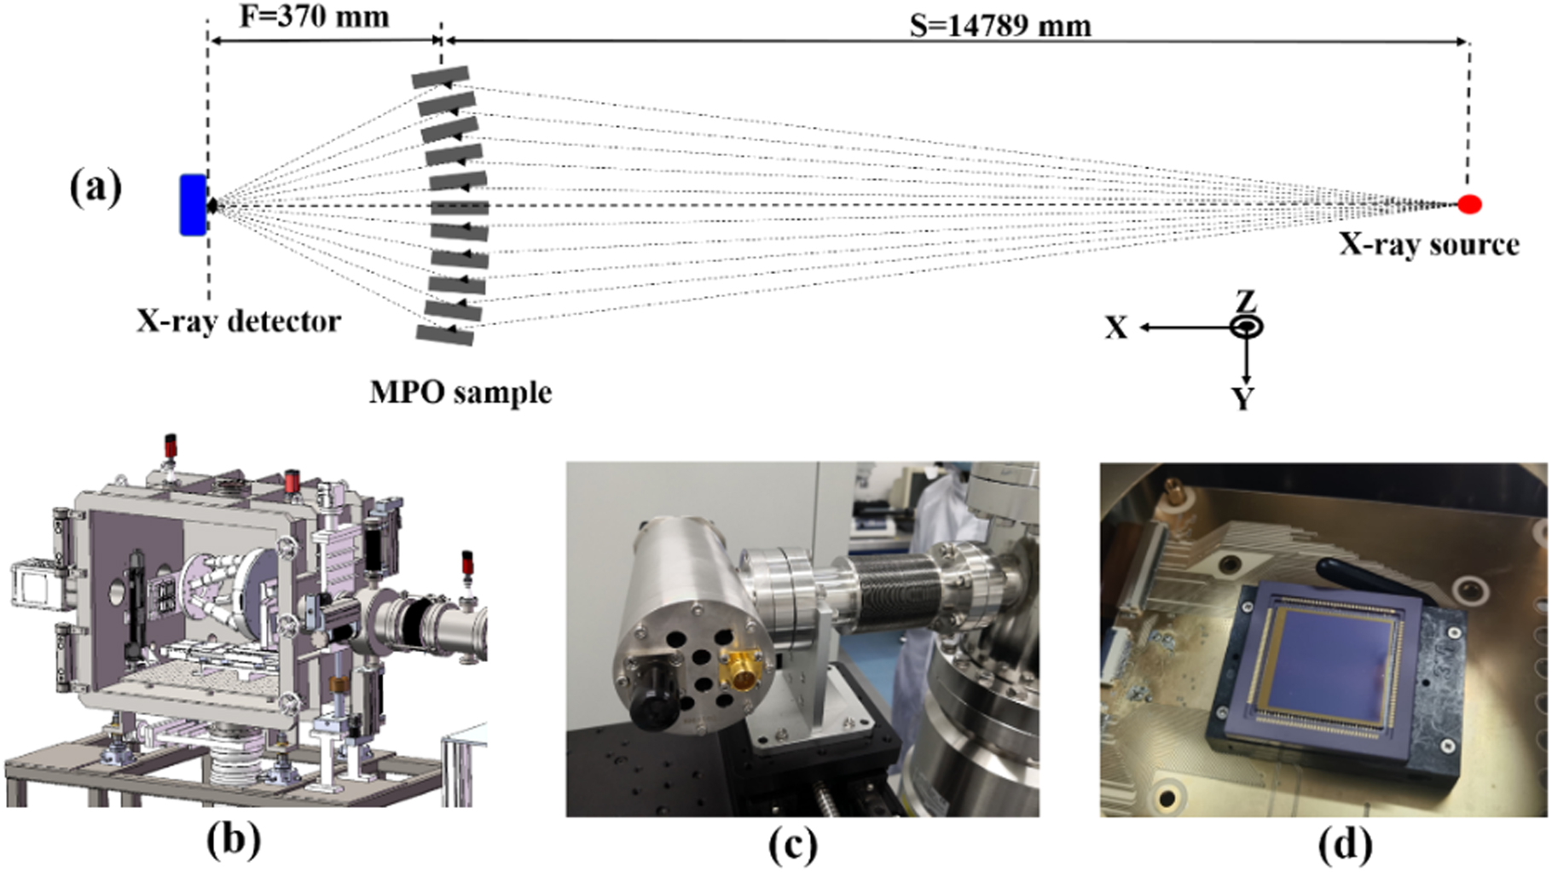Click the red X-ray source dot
click(x=1468, y=204)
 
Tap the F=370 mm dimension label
click(x=314, y=15)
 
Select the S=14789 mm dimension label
click(x=999, y=26)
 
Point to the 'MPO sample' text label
click(x=460, y=392)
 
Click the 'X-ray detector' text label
click(x=239, y=322)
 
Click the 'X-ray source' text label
click(x=1428, y=245)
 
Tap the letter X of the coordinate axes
click(x=1116, y=328)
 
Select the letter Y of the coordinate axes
click(x=1243, y=398)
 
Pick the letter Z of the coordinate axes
click(x=1246, y=301)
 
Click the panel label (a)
click(x=96, y=188)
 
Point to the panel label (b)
click(x=233, y=840)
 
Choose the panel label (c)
click(x=793, y=845)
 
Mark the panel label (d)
click(x=1345, y=845)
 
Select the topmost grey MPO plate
click(x=440, y=77)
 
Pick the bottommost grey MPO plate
click(x=445, y=334)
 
